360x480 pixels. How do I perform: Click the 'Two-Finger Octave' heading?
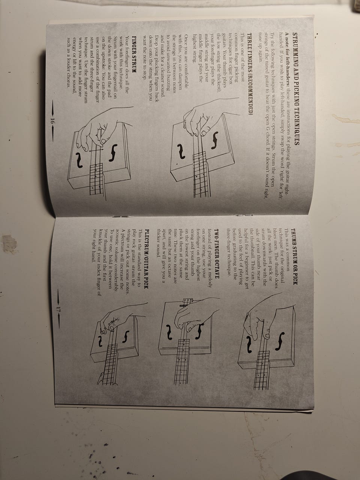(216, 253)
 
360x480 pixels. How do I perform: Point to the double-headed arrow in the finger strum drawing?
(96, 150)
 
